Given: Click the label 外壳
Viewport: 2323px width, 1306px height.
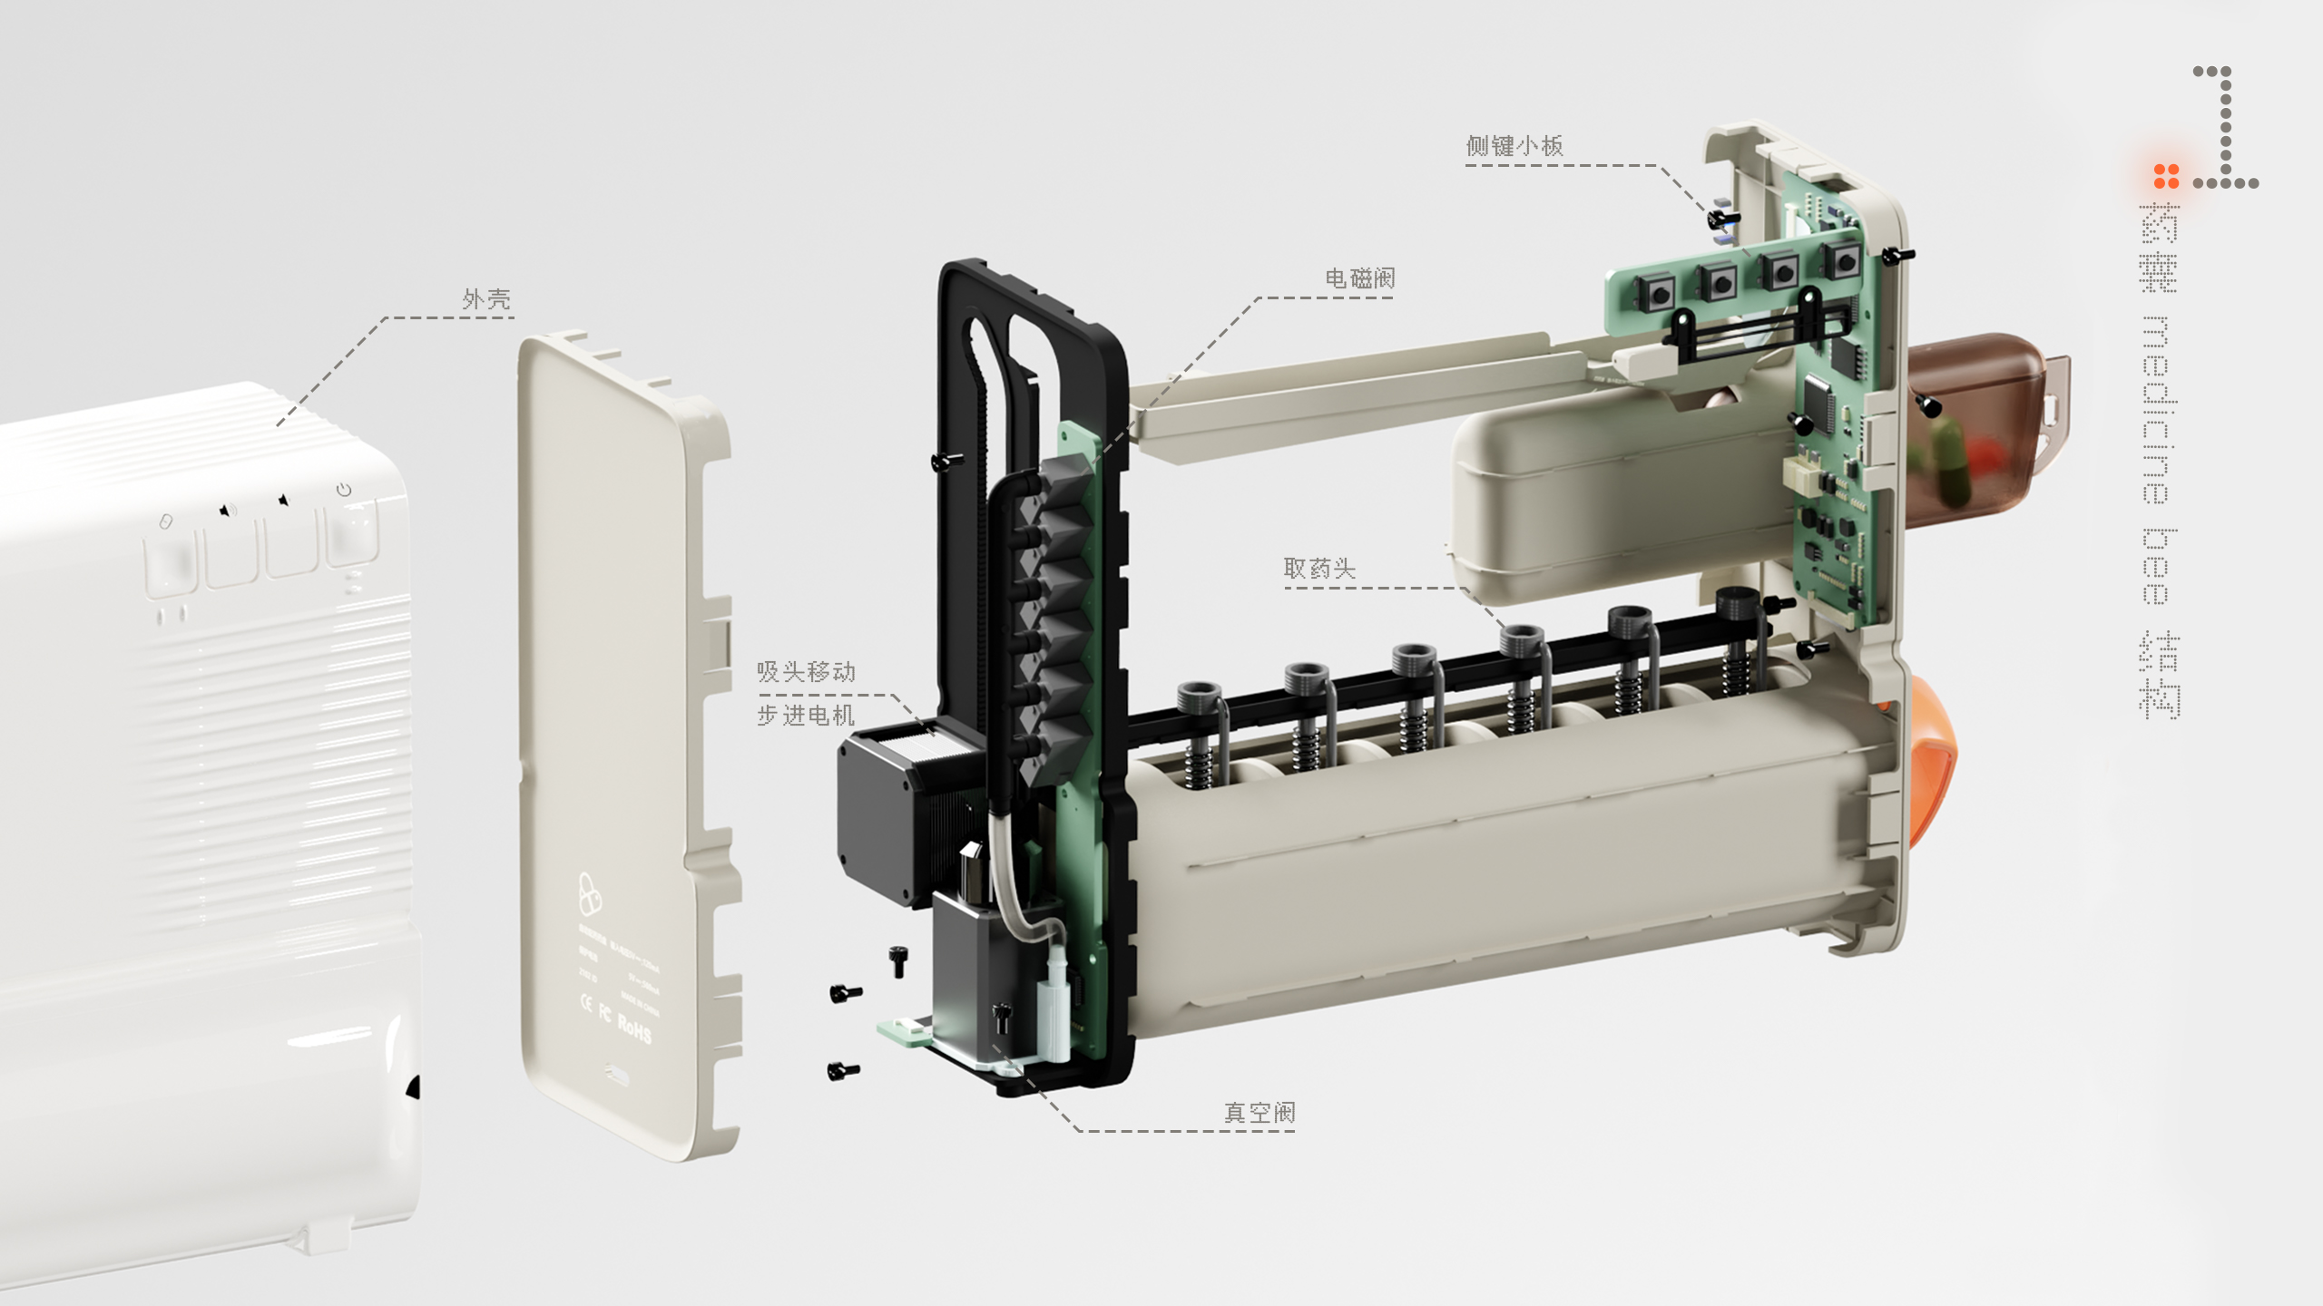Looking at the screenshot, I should click(486, 299).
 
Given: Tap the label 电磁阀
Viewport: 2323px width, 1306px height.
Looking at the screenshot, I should click(1359, 278).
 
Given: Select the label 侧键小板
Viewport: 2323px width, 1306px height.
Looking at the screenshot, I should click(1514, 146).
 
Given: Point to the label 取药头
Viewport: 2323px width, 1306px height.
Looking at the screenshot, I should click(1319, 569).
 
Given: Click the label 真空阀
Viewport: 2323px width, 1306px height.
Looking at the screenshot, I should click(1260, 1113).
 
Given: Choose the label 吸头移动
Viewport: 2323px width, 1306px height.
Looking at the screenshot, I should click(806, 672).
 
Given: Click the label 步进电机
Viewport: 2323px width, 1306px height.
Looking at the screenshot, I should click(806, 716).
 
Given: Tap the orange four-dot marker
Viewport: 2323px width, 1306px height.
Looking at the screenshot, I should click(2166, 176).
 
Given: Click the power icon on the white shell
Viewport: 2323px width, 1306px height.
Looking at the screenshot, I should click(344, 490).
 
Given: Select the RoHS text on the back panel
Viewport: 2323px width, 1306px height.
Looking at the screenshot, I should click(634, 1028).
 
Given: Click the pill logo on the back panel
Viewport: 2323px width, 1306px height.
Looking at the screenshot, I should click(589, 894).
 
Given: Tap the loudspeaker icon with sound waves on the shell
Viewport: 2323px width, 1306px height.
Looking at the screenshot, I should click(227, 512).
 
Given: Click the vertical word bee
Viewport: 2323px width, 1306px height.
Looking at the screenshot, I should click(2157, 566).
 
